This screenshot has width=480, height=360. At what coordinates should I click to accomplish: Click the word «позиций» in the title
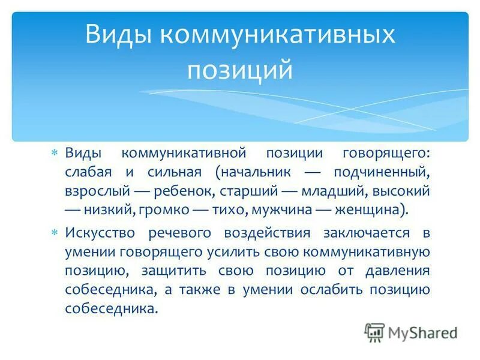click(x=240, y=70)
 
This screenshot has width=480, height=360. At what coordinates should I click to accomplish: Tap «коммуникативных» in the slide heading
click(x=277, y=34)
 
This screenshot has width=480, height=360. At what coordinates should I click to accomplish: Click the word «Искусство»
click(x=97, y=233)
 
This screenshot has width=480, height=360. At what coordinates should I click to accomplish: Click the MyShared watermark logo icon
click(x=375, y=332)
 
